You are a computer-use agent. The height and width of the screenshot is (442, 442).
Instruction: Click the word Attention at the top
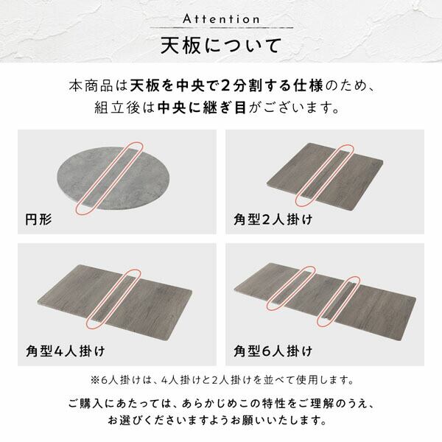pyautogui.click(x=221, y=19)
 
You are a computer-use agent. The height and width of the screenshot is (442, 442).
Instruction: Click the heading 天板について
pyautogui.click(x=221, y=46)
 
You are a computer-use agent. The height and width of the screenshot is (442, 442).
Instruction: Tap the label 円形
pyautogui.click(x=38, y=220)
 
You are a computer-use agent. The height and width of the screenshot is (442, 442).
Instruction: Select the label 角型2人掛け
pyautogui.click(x=273, y=220)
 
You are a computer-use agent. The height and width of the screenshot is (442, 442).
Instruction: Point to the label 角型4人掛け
pyautogui.click(x=65, y=351)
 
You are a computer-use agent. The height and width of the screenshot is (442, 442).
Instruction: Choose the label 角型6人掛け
pyautogui.click(x=273, y=351)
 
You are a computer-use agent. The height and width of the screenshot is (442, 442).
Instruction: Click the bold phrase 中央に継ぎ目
pyautogui.click(x=202, y=108)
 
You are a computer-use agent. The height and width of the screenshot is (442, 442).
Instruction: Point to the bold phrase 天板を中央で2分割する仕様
pyautogui.click(x=226, y=85)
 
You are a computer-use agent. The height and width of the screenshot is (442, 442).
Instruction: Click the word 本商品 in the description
pyautogui.click(x=91, y=85)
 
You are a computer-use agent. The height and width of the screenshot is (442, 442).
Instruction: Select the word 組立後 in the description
pyautogui.click(x=116, y=108)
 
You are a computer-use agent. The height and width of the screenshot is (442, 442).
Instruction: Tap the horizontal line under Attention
pyautogui.click(x=222, y=28)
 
